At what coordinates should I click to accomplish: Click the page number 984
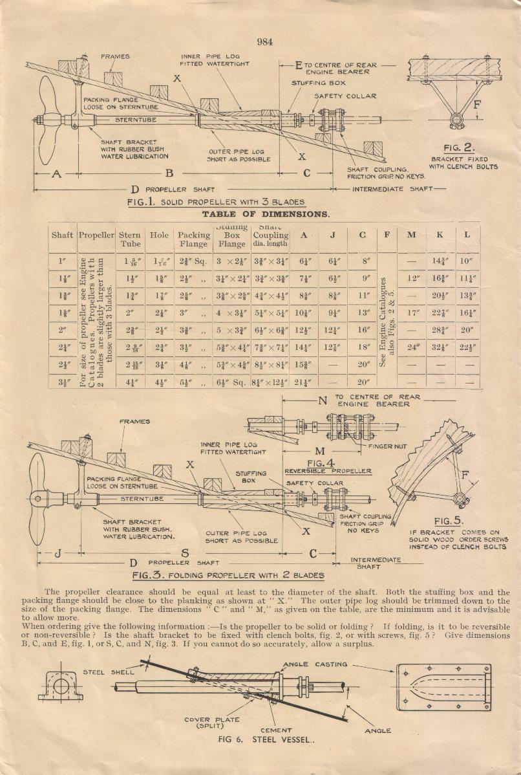(x=265, y=42)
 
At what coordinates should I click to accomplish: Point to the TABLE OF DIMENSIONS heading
(x=266, y=213)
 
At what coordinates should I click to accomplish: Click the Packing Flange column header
(x=194, y=239)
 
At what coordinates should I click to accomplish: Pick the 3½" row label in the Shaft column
(x=62, y=381)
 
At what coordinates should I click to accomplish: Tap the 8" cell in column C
(x=366, y=261)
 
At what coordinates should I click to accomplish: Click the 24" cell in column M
(x=411, y=346)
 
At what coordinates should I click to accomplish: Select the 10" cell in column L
(x=467, y=261)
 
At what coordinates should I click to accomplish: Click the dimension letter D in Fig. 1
(x=134, y=189)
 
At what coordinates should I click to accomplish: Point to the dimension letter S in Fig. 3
(x=185, y=552)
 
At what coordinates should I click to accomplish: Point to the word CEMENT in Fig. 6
(x=276, y=730)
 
